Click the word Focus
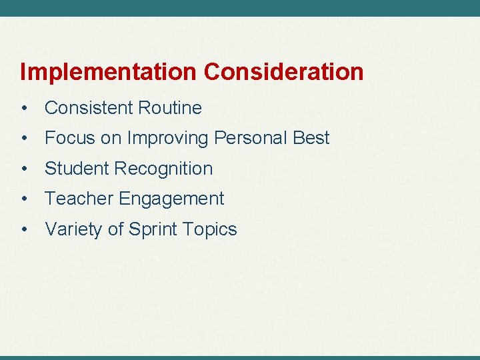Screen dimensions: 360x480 tap(69, 138)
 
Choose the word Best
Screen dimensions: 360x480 tap(311, 138)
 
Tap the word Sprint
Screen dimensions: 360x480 tap(153, 230)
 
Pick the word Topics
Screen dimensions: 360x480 tap(209, 230)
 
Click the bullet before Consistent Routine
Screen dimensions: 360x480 tap(24, 108)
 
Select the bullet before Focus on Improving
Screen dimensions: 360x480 tap(24, 139)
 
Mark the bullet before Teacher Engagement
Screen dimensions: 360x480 tap(24, 199)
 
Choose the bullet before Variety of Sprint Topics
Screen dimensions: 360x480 tap(24, 230)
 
